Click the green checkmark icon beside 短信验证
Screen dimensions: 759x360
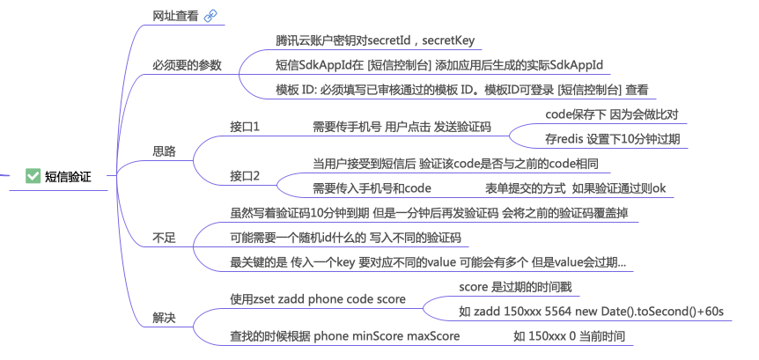pyautogui.click(x=33, y=176)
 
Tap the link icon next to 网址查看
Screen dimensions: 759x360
pyautogui.click(x=210, y=16)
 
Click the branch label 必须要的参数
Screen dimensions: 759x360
pyautogui.click(x=187, y=65)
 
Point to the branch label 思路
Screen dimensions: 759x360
pyautogui.click(x=164, y=151)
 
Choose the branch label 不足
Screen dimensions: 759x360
pyautogui.click(x=164, y=238)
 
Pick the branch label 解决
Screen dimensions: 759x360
pyautogui.click(x=164, y=317)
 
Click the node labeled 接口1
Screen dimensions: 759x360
pyautogui.click(x=245, y=127)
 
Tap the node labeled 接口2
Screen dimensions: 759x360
pyautogui.click(x=245, y=176)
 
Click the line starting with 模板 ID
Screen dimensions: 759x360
pyautogui.click(x=462, y=90)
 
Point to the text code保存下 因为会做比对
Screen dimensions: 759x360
pyautogui.click(x=611, y=114)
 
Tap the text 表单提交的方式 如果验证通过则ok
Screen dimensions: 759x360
pyautogui.click(x=576, y=188)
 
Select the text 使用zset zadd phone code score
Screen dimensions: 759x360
pyautogui.click(x=318, y=299)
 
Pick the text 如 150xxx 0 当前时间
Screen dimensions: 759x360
pyautogui.click(x=570, y=336)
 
